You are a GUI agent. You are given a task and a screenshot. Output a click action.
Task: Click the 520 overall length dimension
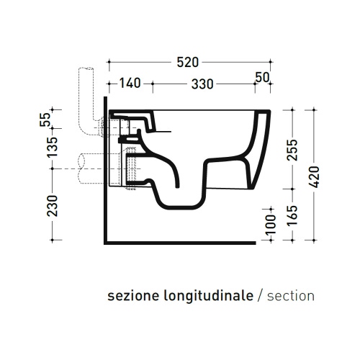click(x=189, y=62)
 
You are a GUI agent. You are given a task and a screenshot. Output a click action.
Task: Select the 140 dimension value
click(x=129, y=84)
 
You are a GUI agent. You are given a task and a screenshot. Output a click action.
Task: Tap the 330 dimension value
click(x=202, y=84)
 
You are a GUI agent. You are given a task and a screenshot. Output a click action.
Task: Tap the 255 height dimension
click(x=291, y=153)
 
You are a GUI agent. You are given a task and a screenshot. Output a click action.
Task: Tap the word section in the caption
click(x=290, y=295)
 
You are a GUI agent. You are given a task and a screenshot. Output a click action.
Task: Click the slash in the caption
click(x=260, y=295)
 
